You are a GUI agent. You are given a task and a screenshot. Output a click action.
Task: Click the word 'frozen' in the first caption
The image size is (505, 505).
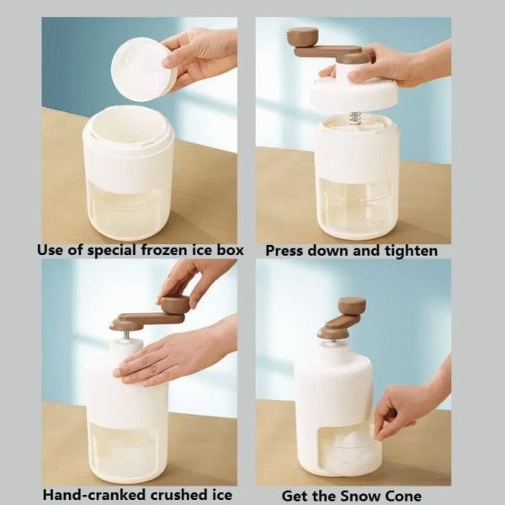162,250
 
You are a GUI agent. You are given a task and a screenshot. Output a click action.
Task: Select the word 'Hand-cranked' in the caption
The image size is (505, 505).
88,494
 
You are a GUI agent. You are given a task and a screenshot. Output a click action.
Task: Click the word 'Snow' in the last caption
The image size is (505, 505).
367,494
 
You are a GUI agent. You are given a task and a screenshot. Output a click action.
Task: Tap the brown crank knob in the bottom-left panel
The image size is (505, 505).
175,304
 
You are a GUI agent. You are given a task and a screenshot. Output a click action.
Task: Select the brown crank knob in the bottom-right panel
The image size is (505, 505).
352,306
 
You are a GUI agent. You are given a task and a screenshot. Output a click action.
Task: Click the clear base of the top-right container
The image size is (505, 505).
354,206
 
